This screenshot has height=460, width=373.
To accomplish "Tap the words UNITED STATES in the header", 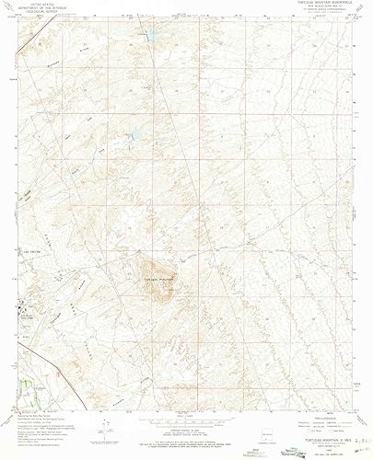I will pos(61,4).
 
